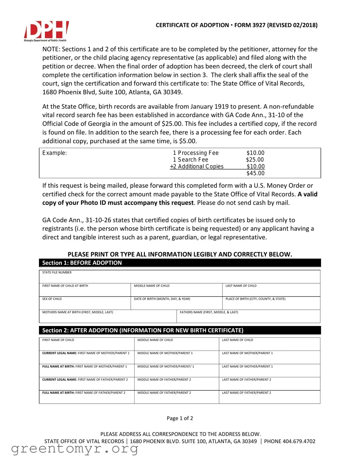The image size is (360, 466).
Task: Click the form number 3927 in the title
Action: coord(258,25)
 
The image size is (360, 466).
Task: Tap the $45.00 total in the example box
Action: coord(255,173)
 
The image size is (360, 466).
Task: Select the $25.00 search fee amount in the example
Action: coord(255,160)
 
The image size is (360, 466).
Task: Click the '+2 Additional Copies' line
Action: coord(197,167)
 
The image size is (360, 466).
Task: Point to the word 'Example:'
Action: coord(54,153)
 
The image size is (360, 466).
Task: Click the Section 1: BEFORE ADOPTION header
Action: coord(82,263)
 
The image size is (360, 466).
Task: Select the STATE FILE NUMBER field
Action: coord(179,277)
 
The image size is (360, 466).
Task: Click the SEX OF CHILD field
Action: coord(85,304)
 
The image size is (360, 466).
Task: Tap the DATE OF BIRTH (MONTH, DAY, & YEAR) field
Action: coord(176,304)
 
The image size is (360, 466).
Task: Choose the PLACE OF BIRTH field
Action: coord(271,304)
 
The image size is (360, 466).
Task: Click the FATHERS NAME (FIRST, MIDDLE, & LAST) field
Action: coord(248,317)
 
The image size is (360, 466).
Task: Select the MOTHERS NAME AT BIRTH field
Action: coord(107,317)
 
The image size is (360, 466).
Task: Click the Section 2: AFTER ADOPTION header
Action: coord(143,330)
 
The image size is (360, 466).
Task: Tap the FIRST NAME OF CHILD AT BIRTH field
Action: coord(85,290)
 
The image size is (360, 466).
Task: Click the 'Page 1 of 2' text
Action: coord(180,418)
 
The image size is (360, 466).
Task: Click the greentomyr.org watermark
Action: coord(74,449)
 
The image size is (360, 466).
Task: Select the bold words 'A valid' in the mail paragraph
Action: coord(307,194)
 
